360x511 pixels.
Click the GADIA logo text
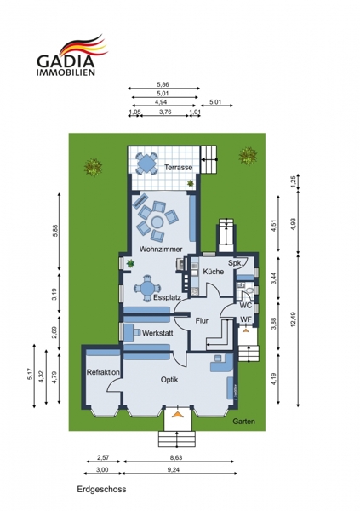66,61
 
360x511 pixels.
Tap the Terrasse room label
178,168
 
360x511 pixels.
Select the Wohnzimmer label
161,250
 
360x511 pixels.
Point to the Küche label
214,272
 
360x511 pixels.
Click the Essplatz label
167,297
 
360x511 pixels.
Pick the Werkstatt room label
157,333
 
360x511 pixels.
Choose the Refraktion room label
103,372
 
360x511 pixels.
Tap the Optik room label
169,380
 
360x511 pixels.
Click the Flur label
202,321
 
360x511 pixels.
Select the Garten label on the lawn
243,422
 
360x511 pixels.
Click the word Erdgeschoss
101,490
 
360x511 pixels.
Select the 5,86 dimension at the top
163,84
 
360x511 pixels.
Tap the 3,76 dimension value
165,112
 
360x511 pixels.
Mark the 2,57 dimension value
103,457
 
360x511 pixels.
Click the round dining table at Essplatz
147,288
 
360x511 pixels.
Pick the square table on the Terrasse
146,163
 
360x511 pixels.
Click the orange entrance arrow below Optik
177,415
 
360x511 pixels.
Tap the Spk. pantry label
234,263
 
